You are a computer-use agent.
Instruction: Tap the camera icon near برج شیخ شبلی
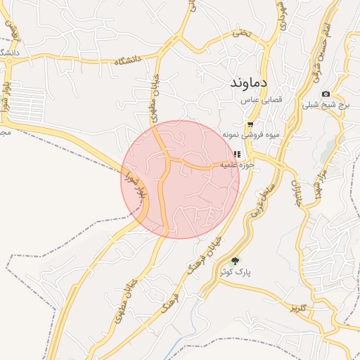[326, 94]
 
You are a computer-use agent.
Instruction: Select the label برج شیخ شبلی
[326, 105]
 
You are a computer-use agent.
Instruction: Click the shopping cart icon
[250, 124]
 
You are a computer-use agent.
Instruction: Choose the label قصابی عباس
[262, 101]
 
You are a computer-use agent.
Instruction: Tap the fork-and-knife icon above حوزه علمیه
[237, 153]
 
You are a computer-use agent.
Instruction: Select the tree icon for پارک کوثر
[236, 261]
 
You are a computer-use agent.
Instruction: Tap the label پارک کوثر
[236, 271]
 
